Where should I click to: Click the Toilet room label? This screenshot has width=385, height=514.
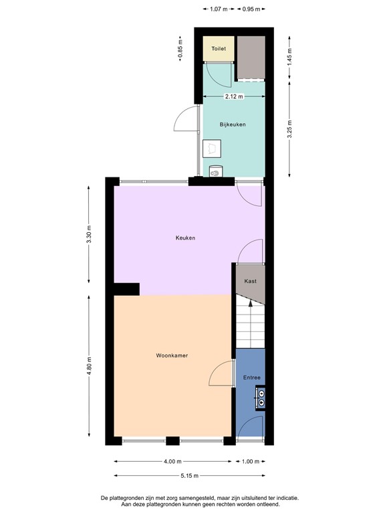[219, 49]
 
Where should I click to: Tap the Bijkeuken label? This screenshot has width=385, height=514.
[233, 124]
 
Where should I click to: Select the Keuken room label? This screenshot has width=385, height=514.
[185, 238]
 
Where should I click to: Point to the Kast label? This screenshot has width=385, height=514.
[251, 281]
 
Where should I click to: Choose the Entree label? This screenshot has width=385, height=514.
[251, 378]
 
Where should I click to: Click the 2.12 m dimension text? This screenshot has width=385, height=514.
[233, 96]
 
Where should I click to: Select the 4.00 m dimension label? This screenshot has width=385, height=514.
[172, 461]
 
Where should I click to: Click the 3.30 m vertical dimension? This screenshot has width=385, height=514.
[89, 238]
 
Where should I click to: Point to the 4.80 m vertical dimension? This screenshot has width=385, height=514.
[89, 367]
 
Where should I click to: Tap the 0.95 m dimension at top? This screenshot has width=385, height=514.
[252, 9]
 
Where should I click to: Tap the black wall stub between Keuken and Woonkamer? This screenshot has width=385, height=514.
[126, 288]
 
